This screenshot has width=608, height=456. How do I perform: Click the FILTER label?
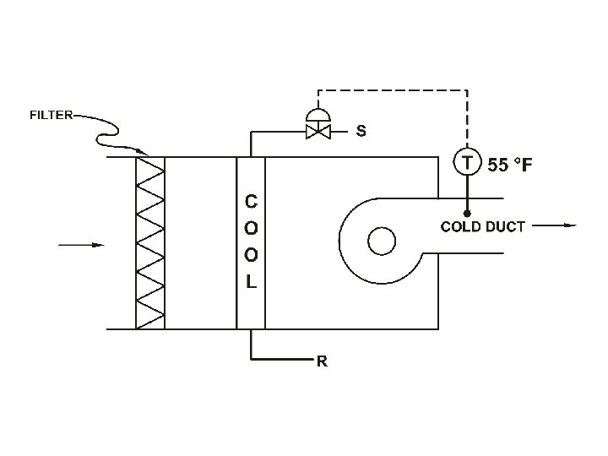(52, 115)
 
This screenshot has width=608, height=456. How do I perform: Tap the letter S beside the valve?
(361, 131)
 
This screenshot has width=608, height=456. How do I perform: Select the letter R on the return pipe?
(322, 361)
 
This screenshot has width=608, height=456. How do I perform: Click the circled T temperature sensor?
(467, 162)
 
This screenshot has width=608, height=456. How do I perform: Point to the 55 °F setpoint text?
(510, 165)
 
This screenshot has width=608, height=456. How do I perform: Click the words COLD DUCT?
(483, 227)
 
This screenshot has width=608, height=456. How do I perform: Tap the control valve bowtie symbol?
(318, 132)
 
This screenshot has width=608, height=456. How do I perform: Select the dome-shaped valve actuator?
(318, 115)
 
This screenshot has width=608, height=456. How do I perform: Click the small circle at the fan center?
(382, 242)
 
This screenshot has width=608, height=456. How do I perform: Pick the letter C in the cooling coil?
(251, 202)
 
